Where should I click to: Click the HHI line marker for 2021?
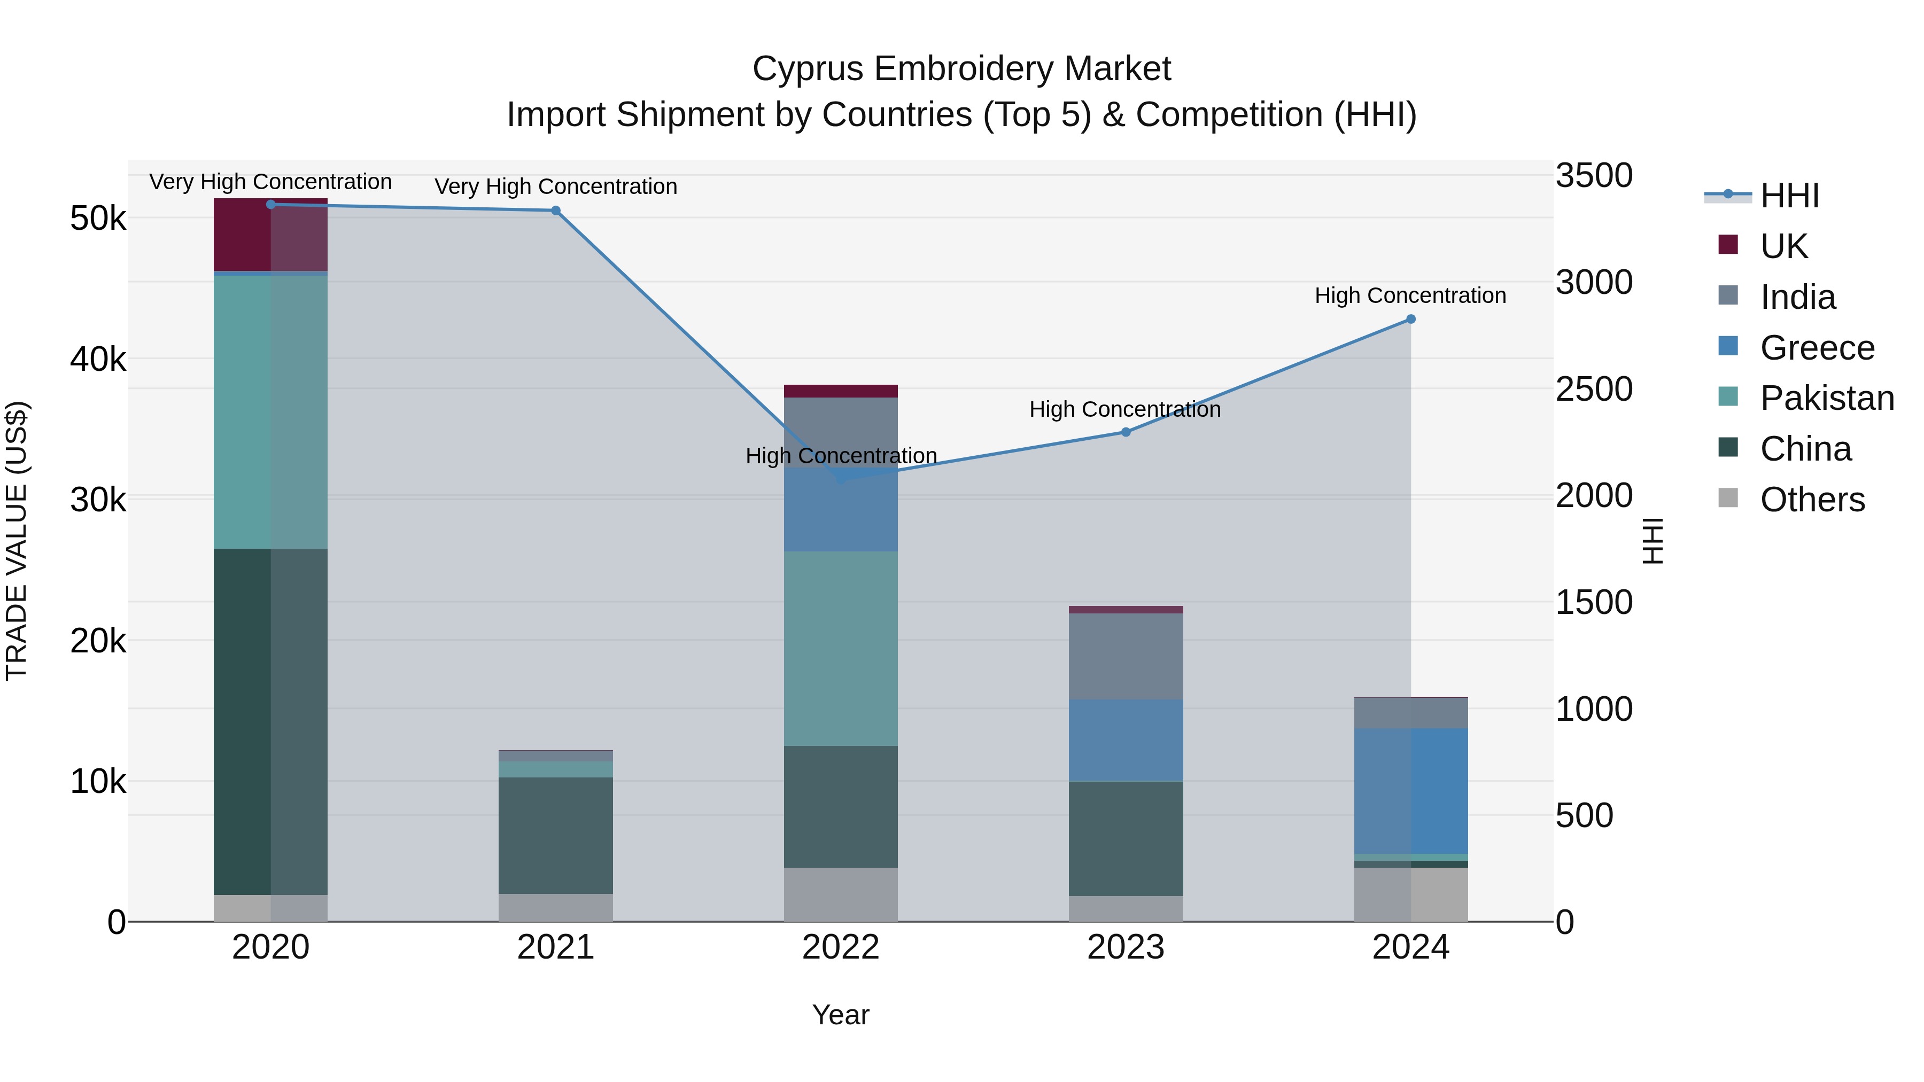(556, 211)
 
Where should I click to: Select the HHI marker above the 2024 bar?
(1411, 319)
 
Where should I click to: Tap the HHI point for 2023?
(1126, 432)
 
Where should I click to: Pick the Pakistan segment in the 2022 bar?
(840, 648)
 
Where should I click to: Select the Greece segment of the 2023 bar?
(1126, 740)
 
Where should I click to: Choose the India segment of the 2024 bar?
(1411, 713)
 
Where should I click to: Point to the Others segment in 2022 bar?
(840, 894)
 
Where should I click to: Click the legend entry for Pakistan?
(1826, 398)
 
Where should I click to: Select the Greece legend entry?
(1817, 348)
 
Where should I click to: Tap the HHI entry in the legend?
(1789, 196)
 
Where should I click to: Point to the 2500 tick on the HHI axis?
(1594, 389)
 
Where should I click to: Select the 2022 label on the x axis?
(840, 947)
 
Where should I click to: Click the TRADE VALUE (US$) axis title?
(17, 541)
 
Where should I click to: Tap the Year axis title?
(840, 1015)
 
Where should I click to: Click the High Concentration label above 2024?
(1410, 295)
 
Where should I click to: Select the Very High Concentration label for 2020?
(270, 182)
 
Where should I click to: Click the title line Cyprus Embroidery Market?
(961, 69)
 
